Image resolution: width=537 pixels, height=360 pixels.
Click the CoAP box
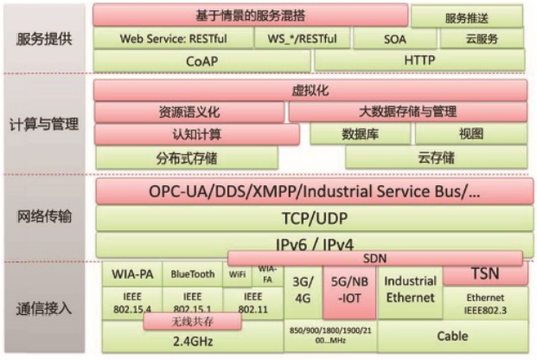pyautogui.click(x=202, y=61)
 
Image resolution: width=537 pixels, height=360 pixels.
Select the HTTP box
pyautogui.click(x=419, y=61)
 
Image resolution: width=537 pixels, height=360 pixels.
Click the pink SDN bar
pyautogui.click(x=374, y=258)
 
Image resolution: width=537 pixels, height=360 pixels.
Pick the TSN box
pyautogui.click(x=484, y=273)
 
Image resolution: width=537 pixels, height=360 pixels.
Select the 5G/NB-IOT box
pyautogui.click(x=348, y=292)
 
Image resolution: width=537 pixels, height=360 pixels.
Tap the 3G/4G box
pyautogui.click(x=302, y=292)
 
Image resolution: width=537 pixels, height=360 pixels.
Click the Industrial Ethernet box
pyautogui.click(x=410, y=290)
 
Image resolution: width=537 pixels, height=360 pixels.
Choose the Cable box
pyautogui.click(x=451, y=336)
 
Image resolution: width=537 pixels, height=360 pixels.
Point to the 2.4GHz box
pyautogui.click(x=191, y=339)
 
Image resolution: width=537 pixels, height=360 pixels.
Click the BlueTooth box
pyautogui.click(x=192, y=274)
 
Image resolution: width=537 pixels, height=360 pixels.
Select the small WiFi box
pyautogui.click(x=237, y=274)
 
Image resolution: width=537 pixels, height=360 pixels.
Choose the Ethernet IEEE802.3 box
pyautogui.click(x=484, y=303)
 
